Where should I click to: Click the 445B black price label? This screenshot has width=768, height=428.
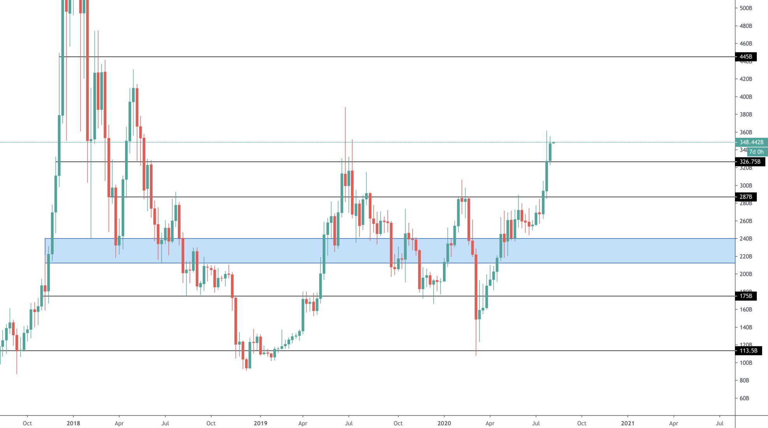click(745, 57)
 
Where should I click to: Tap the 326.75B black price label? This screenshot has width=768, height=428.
click(750, 161)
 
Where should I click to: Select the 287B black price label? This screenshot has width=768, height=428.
click(745, 197)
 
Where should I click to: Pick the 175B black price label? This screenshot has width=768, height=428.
click(745, 296)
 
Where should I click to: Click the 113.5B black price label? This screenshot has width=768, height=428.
click(748, 351)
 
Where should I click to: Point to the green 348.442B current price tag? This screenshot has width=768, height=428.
click(751, 142)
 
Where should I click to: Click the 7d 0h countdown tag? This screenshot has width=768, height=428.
click(757, 152)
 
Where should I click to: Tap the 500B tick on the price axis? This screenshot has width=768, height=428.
click(745, 8)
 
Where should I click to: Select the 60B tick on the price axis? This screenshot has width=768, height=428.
click(744, 398)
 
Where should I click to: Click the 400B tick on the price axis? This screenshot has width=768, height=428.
click(745, 97)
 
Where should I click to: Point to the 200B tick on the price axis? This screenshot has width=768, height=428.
click(745, 274)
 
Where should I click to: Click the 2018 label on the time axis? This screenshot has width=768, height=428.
click(73, 423)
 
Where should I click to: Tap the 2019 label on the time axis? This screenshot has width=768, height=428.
click(260, 423)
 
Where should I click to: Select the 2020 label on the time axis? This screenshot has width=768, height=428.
click(444, 423)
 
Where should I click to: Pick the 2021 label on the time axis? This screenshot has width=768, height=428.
click(627, 423)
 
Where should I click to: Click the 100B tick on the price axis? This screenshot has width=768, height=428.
click(745, 363)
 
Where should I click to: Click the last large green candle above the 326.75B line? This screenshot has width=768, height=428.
click(550, 152)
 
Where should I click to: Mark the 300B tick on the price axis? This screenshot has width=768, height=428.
click(745, 186)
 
